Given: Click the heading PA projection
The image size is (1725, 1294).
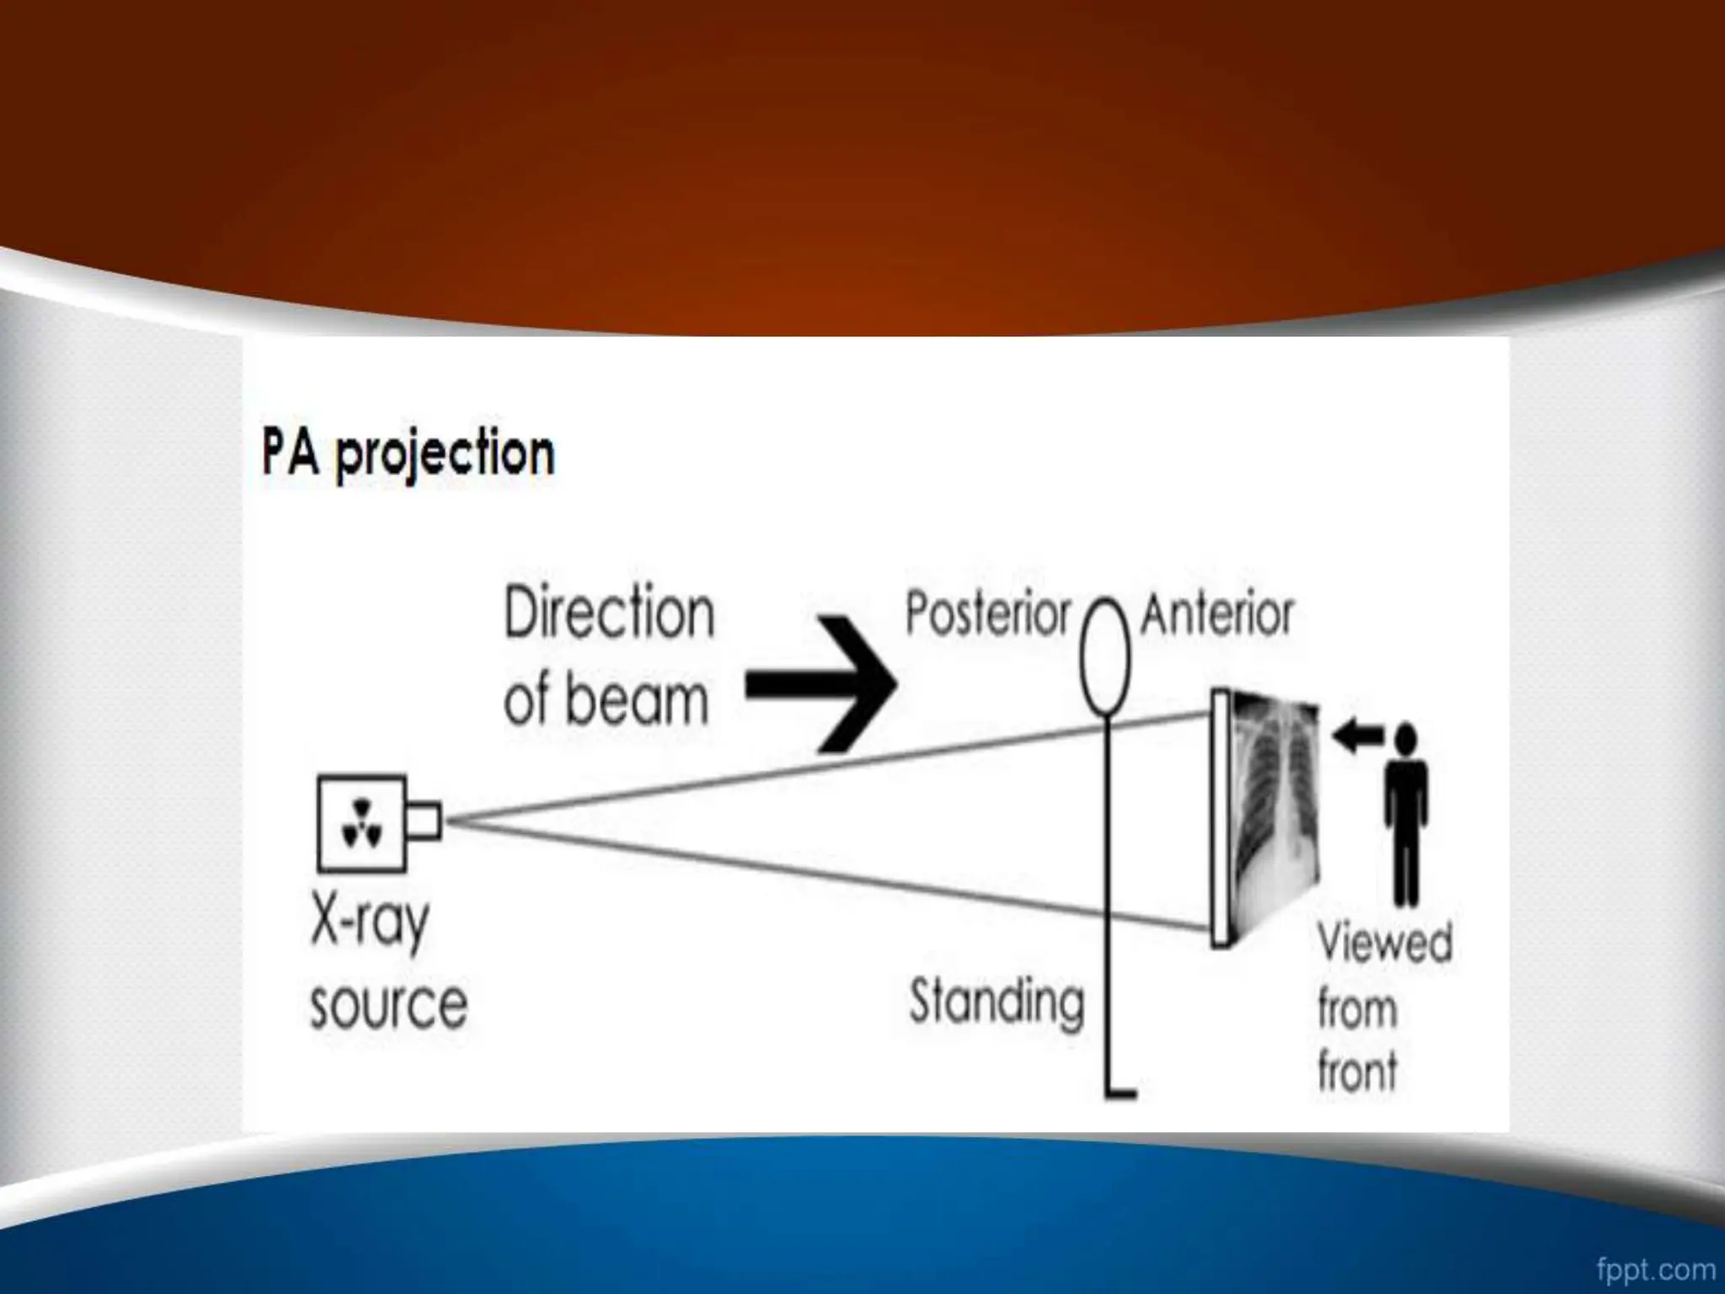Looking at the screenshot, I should (408, 455).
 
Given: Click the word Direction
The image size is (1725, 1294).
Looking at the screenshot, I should (609, 614).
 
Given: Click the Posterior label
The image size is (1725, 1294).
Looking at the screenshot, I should (987, 614).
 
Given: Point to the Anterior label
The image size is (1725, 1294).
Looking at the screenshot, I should (1216, 614).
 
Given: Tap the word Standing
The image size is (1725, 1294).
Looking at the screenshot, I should (996, 1003).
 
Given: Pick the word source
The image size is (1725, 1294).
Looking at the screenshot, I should (388, 1005).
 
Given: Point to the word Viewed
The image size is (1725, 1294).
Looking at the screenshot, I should (1385, 943).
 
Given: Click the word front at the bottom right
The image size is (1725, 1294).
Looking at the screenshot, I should (1357, 1072).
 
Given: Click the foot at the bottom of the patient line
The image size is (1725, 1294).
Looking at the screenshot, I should (1122, 1093).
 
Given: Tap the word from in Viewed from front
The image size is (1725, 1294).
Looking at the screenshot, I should (1357, 1008).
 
